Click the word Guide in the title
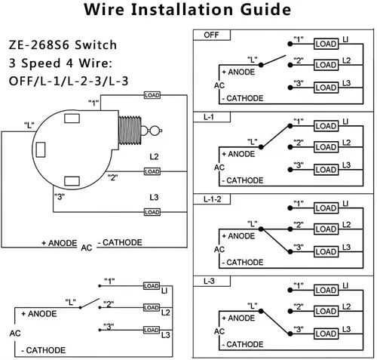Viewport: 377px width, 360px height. coord(265,10)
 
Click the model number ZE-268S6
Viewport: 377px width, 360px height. coord(39,45)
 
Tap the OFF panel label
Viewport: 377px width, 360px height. coord(211,35)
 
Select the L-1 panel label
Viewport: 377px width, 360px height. coord(209,117)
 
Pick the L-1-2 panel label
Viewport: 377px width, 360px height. coord(213,199)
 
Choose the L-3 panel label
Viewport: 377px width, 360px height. coord(209,282)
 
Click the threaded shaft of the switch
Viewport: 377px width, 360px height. coord(130,131)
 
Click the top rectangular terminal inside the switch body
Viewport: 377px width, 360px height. coord(72,118)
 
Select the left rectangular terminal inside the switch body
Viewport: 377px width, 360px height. coord(41,149)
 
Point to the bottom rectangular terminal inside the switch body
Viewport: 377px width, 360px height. coord(72,181)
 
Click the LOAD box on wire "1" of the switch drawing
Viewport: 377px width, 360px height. coord(152,95)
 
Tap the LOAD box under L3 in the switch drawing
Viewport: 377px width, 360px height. coord(152,212)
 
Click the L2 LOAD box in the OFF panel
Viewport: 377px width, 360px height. coord(326,65)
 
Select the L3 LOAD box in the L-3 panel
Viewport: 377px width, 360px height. coord(326,334)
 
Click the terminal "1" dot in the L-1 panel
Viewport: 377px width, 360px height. coord(290,126)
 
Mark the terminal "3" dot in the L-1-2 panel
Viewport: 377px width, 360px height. coord(290,251)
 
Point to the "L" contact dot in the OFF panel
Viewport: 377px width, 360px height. coord(261,65)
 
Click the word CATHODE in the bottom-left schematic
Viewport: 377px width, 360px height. coord(46,350)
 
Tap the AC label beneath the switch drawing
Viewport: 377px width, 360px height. coord(87,248)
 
